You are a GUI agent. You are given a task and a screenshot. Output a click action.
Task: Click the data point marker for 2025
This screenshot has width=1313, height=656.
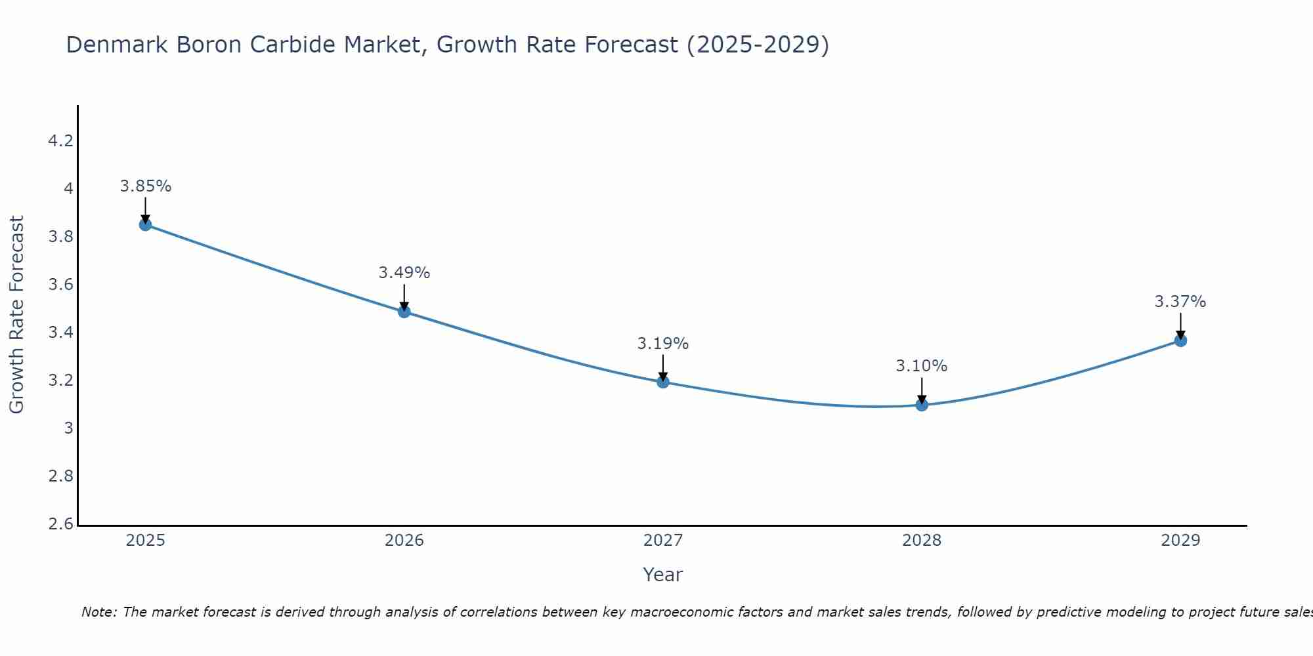click(146, 225)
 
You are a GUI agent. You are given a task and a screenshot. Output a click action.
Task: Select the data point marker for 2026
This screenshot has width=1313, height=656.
click(404, 312)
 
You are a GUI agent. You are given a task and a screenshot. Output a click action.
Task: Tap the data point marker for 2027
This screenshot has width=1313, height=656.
click(663, 382)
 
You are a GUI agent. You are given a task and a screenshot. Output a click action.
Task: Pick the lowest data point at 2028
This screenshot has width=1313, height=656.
click(922, 405)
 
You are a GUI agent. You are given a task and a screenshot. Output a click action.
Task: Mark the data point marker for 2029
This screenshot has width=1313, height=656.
click(1180, 340)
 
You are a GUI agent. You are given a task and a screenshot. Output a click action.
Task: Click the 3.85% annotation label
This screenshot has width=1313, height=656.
click(146, 186)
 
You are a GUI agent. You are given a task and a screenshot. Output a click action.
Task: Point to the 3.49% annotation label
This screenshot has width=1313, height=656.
click(404, 273)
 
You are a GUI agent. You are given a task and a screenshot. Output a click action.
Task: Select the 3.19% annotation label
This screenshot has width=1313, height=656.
click(663, 344)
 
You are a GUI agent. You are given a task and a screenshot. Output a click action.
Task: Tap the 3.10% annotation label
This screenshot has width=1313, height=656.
click(922, 366)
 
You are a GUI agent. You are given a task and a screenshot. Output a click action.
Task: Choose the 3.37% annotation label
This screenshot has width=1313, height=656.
click(1180, 302)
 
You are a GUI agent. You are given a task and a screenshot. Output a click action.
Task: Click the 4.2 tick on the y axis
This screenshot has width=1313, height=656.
click(60, 141)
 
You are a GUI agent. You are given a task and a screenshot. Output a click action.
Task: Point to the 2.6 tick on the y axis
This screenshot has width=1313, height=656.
click(60, 524)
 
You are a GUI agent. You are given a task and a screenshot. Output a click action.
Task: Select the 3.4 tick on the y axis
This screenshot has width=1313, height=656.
click(60, 333)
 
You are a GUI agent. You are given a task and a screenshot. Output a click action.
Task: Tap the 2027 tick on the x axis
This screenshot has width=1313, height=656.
click(663, 541)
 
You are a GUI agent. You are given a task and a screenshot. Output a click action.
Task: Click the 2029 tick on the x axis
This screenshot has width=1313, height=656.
click(1180, 541)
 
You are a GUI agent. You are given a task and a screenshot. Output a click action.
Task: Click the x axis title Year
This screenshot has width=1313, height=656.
click(663, 575)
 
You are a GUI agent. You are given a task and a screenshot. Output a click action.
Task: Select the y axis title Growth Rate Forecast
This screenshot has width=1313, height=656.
click(17, 315)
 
